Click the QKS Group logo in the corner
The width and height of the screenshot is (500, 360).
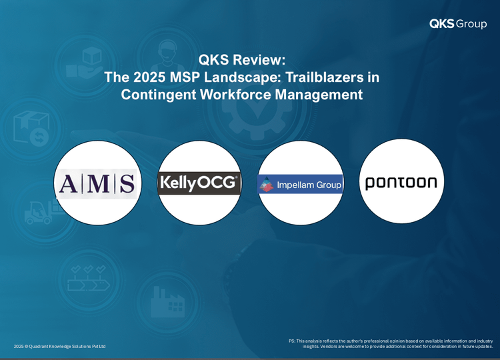pyautogui.click(x=458, y=23)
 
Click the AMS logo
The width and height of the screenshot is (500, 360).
pyautogui.click(x=97, y=184)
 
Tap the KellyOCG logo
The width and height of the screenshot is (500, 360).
pyautogui.click(x=199, y=183)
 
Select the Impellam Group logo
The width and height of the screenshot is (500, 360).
pyautogui.click(x=300, y=184)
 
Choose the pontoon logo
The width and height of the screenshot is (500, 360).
pyautogui.click(x=401, y=183)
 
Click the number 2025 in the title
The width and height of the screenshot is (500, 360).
pyautogui.click(x=149, y=77)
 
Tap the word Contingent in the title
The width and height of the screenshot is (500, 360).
pyautogui.click(x=159, y=95)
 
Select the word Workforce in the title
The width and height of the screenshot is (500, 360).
pyautogui.click(x=235, y=95)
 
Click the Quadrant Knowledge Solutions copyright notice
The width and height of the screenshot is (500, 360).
pyautogui.click(x=59, y=346)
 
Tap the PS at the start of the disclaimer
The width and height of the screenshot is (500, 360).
pyautogui.click(x=292, y=341)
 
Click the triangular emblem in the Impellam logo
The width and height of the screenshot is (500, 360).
pyautogui.click(x=267, y=184)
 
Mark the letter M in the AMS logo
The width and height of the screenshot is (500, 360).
pyautogui.click(x=98, y=184)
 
